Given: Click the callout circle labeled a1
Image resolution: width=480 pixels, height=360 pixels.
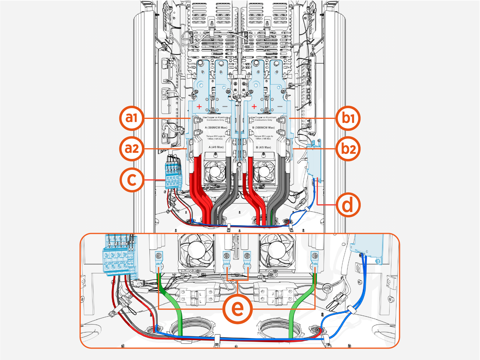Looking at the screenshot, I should click(x=132, y=118).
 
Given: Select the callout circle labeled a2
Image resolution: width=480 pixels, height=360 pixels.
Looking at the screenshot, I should click(x=132, y=149).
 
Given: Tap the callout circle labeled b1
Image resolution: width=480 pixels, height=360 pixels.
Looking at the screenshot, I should click(x=348, y=118).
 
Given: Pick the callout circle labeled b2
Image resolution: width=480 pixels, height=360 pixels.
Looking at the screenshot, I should click(x=348, y=149).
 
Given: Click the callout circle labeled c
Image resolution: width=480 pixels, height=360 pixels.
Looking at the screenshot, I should click(x=132, y=180).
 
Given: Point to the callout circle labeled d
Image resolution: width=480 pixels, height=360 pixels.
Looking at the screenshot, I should click(x=348, y=205).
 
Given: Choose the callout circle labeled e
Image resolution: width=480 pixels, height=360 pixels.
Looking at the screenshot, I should click(x=238, y=308).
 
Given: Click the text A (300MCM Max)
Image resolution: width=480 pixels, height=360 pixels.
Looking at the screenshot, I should click(x=216, y=128).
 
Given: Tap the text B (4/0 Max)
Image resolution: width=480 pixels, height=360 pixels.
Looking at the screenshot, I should click(x=263, y=147).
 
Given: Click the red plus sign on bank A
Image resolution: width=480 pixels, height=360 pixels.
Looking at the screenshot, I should click(x=199, y=107).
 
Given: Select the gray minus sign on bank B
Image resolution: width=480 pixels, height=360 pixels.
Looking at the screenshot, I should click(x=280, y=107).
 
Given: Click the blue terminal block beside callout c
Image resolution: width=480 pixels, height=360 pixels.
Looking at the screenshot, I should click(x=173, y=177).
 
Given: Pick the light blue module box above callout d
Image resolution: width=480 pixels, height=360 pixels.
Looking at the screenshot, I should click(x=314, y=162).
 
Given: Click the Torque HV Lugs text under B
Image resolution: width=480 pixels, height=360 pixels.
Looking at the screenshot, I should click(x=264, y=137).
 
